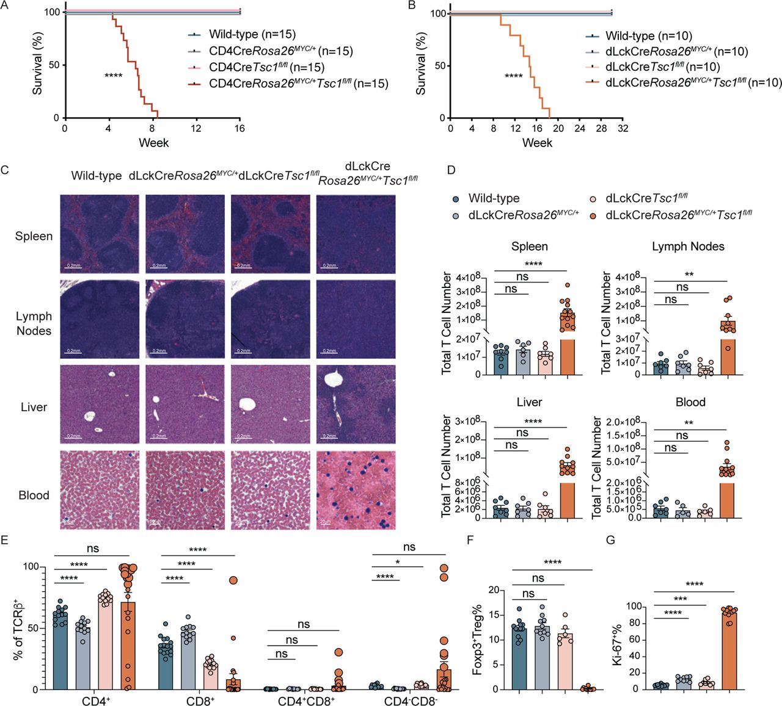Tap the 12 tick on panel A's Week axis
(195, 128)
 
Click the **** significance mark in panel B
(513, 76)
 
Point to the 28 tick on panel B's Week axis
(601, 128)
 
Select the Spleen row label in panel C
(34, 236)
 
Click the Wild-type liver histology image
(100, 404)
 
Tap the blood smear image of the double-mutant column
(356, 490)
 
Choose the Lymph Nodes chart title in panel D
(688, 247)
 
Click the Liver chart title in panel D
(529, 402)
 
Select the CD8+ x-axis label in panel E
(200, 701)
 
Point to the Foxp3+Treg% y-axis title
(477, 639)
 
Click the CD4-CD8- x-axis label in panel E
(411, 701)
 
